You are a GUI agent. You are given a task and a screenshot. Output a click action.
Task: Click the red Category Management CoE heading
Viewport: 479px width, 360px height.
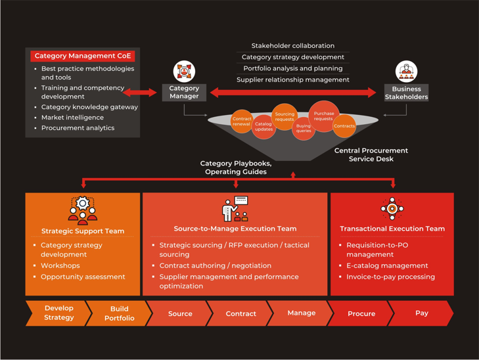click(83, 56)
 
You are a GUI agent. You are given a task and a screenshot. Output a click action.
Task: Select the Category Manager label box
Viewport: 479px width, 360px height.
click(184, 92)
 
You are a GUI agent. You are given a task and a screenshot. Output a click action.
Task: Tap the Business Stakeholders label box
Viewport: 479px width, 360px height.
click(406, 93)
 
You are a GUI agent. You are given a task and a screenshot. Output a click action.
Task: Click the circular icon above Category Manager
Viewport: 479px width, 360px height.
click(184, 71)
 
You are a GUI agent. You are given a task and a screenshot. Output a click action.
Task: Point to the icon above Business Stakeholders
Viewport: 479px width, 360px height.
click(406, 72)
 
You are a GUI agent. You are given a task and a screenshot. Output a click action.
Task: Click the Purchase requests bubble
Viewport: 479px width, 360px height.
click(324, 116)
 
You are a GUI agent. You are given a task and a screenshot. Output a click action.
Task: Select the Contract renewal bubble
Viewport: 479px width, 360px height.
click(242, 122)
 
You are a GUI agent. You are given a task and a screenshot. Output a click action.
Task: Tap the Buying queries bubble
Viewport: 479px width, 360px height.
click(304, 128)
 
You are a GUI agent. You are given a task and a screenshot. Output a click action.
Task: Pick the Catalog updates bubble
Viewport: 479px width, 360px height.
click(263, 127)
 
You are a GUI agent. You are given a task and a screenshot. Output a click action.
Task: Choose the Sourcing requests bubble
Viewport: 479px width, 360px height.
click(285, 117)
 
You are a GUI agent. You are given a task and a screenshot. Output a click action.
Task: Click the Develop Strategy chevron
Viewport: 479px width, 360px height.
click(58, 313)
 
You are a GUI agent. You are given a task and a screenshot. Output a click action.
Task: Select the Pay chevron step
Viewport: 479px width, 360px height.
click(421, 313)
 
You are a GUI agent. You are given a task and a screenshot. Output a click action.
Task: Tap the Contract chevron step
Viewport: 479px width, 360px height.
click(240, 313)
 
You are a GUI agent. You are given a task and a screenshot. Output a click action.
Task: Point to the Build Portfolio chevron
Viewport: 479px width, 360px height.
click(119, 313)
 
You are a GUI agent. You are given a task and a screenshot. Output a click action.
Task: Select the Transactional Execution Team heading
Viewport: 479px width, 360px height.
click(392, 229)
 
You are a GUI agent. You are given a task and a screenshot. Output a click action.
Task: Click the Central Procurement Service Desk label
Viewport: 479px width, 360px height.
click(371, 154)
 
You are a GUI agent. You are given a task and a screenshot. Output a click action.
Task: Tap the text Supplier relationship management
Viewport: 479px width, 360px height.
click(292, 79)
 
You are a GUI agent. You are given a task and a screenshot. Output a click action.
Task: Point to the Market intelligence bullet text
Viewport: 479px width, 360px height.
click(72, 118)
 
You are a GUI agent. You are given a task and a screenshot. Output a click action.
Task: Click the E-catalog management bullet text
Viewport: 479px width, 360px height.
click(387, 265)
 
